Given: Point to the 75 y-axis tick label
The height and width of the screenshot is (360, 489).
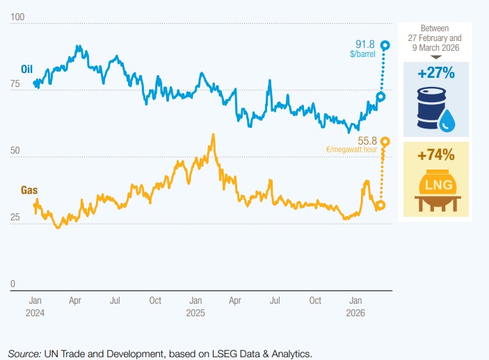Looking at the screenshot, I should coord(15,84).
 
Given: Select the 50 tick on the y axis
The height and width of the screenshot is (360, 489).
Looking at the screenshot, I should coord(15,151).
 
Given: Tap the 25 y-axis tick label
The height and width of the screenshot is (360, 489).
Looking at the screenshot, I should coord(15,218).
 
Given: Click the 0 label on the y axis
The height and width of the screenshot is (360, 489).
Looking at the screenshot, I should coord(13,284).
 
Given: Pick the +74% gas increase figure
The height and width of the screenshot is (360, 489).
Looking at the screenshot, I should coord(436,155).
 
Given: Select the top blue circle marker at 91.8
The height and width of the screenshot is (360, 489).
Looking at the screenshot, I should coord(384,45).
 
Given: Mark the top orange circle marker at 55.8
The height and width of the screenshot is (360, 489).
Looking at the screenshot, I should coord(384,142).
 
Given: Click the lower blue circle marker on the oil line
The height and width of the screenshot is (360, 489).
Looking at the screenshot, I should coord(380,97).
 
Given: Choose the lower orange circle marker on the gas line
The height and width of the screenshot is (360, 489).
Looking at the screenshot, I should coord(380,206).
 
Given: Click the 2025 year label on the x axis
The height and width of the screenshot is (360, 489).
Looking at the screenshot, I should coord(195,313).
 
